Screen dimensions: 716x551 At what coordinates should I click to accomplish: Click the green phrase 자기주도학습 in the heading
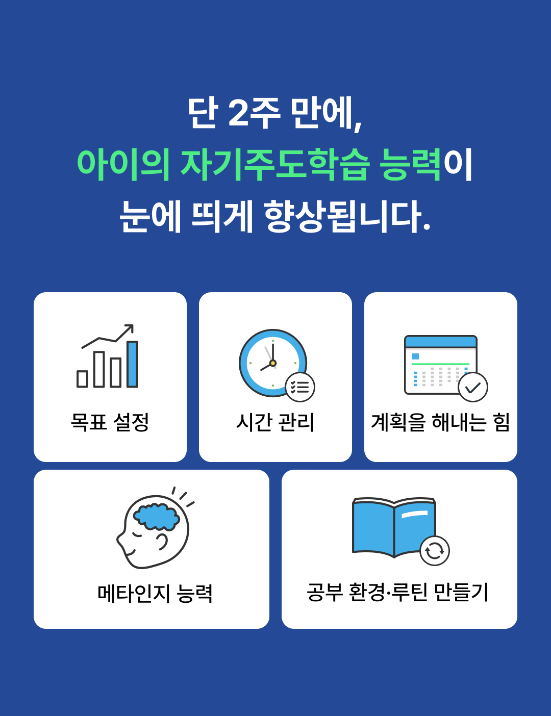click(274, 165)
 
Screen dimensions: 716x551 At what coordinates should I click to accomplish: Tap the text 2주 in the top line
click(254, 112)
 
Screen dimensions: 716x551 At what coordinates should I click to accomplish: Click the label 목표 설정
click(110, 422)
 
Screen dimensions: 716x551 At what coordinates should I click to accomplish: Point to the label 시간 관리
click(275, 422)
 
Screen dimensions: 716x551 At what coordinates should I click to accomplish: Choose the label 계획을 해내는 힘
click(440, 422)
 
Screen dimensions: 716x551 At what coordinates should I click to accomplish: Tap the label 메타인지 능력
click(155, 593)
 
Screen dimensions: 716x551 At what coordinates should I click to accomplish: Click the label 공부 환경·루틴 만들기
click(398, 592)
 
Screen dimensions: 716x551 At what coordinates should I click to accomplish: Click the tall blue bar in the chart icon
click(132, 364)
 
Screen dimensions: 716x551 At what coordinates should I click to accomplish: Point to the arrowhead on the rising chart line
click(130, 327)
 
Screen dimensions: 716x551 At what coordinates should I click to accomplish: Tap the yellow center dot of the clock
click(273, 363)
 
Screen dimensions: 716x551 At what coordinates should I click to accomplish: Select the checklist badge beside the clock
click(300, 387)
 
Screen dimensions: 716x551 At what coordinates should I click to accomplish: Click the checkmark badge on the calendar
click(473, 388)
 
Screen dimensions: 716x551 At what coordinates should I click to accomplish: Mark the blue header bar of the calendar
click(440, 342)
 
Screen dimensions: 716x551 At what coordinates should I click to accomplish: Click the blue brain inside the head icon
click(157, 517)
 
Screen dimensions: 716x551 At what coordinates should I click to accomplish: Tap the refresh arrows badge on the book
click(435, 551)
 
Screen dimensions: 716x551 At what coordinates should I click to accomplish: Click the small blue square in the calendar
click(415, 356)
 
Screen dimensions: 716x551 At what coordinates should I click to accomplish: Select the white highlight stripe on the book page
click(414, 514)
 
